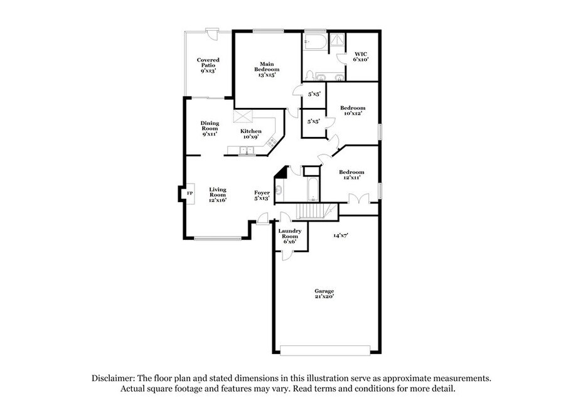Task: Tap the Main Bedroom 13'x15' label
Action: click(x=267, y=69)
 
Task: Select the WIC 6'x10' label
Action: click(x=361, y=56)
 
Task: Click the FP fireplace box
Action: click(x=190, y=193)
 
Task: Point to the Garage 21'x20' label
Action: click(x=324, y=294)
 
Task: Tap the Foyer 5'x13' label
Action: click(x=262, y=195)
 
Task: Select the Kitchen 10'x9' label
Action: click(x=251, y=134)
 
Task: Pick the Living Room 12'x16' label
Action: click(x=218, y=195)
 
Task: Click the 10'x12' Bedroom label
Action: click(x=353, y=110)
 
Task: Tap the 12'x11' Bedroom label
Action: click(x=351, y=174)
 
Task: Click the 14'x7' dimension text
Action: click(x=341, y=235)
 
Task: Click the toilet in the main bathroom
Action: click(x=309, y=76)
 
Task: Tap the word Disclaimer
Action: click(x=113, y=378)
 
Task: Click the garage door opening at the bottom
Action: click(x=325, y=350)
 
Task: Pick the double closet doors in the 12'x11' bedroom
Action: click(x=358, y=198)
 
